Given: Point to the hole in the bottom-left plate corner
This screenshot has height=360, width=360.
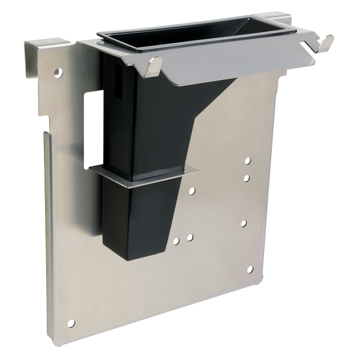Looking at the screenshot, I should point(72,323).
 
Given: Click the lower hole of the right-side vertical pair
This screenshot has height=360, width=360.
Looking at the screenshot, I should point(247,178).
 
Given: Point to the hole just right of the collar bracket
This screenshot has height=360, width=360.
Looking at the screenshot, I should point(192,191).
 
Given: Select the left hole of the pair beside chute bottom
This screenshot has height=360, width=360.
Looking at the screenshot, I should point(176,240).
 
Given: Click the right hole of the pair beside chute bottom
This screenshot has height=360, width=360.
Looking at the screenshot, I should point(189,237).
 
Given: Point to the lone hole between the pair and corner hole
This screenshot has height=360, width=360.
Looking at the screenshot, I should point(243,223).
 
